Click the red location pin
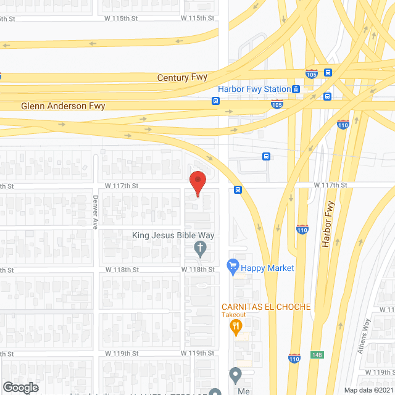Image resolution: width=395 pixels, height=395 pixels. pos(197,183)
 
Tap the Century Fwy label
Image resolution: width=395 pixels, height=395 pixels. pos(182,78)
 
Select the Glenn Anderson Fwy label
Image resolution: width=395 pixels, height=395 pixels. pos(63,106)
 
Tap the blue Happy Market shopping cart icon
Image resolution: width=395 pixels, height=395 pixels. pos(233,267)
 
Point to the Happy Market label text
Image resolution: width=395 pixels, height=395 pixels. pos(267,268)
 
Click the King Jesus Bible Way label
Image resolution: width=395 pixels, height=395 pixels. pos(173,235)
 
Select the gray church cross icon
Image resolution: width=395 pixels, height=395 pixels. pos(200,249)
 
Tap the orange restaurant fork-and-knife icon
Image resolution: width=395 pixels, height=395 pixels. pos(235,327)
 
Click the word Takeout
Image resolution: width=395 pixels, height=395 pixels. pos(234,315)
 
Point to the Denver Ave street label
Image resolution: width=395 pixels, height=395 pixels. pos(96,212)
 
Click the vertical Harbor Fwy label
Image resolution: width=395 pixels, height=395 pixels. pos(328,225)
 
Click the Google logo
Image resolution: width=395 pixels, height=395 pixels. pos(21,387)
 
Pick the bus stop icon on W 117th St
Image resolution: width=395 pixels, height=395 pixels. pos(238,190)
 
